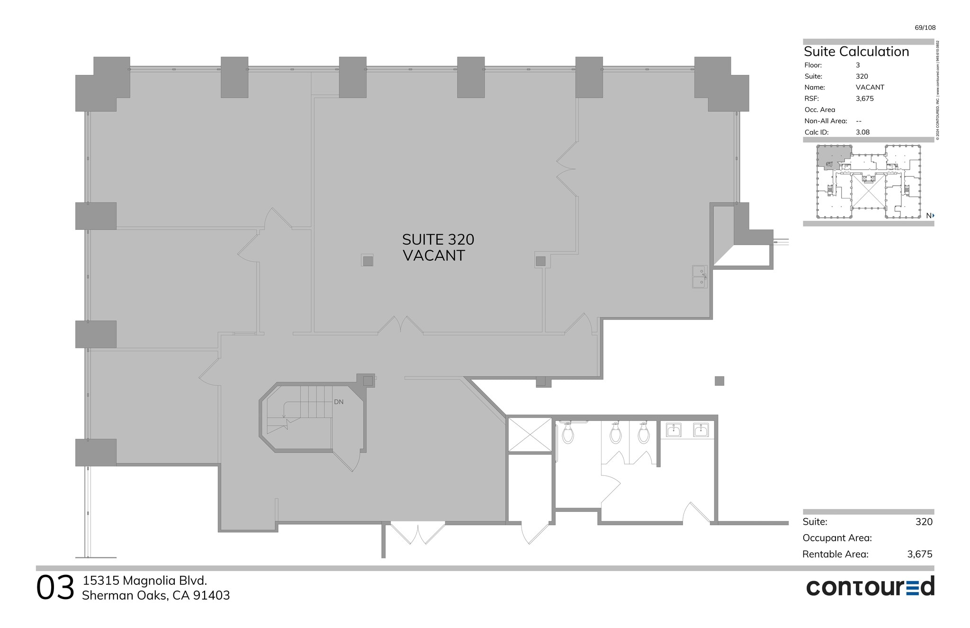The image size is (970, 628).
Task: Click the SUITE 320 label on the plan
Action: tap(438, 240)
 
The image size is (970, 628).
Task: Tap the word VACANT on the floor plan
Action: tap(433, 256)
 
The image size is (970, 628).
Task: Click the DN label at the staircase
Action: tap(339, 402)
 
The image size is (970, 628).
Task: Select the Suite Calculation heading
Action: tap(856, 52)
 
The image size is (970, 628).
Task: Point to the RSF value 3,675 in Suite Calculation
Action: tap(864, 99)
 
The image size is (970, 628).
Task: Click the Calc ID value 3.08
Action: tap(862, 132)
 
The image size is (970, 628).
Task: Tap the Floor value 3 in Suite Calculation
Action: tap(858, 65)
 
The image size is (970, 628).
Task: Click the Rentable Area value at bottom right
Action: tap(919, 554)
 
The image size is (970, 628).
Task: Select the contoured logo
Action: tap(870, 587)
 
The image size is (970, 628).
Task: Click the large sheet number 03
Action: tap(55, 588)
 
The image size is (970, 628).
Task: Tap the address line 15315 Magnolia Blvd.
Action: tap(145, 581)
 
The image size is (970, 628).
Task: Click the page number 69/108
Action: tap(925, 27)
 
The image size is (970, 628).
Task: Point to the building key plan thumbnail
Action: tap(869, 182)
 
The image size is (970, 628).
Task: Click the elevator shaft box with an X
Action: tap(530, 434)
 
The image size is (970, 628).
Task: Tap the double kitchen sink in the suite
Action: tap(700, 277)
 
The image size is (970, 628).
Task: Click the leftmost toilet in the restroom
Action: tap(568, 433)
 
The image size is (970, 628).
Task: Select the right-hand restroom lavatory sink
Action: tap(701, 430)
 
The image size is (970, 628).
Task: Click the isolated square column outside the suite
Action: tap(719, 381)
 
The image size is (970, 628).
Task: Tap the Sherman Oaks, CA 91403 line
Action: tap(156, 596)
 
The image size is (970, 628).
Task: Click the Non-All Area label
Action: tap(826, 121)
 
